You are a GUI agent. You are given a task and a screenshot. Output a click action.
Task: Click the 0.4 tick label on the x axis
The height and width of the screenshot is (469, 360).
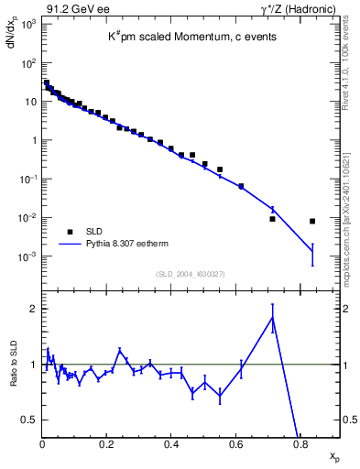pos(171,445)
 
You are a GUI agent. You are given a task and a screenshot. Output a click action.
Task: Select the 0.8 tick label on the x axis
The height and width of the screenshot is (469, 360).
pos(300,445)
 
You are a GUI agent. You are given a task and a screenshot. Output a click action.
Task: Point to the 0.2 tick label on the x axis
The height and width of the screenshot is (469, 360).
pos(107,445)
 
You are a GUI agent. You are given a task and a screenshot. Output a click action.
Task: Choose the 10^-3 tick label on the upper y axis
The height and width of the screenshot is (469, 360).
pos(27,257)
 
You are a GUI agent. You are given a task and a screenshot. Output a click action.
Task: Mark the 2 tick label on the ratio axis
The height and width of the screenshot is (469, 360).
pos(32,309)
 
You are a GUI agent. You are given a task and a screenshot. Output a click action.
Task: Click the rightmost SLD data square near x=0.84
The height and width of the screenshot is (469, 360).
pos(312,221)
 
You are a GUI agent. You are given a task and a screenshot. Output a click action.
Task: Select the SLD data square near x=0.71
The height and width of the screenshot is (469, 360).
pos(272,219)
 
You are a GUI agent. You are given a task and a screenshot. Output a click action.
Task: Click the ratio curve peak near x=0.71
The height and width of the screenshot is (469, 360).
pos(272,318)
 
